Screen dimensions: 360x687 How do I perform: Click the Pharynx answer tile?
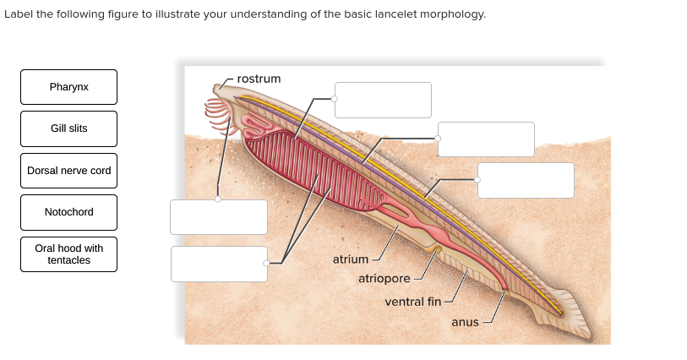[x=68, y=87]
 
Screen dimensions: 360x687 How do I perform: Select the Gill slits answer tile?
[x=68, y=128]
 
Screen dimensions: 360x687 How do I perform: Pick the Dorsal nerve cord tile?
[x=68, y=171]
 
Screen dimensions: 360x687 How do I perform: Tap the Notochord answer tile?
[x=68, y=212]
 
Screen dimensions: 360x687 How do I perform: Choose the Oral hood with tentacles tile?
[x=68, y=254]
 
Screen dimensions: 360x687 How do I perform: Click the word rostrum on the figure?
[x=259, y=79]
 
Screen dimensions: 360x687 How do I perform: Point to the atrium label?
[x=350, y=259]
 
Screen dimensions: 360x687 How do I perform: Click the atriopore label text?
[x=384, y=279]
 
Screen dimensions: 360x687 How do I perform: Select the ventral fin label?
[x=412, y=302]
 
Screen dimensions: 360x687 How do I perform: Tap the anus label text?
[x=465, y=322]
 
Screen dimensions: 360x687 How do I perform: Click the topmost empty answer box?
[x=383, y=100]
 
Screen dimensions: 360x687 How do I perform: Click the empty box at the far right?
[x=526, y=180]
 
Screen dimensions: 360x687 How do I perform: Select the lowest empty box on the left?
[x=219, y=264]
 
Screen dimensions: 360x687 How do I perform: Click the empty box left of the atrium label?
[x=219, y=264]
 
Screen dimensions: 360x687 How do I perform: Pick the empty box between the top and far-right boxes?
[x=486, y=139]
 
